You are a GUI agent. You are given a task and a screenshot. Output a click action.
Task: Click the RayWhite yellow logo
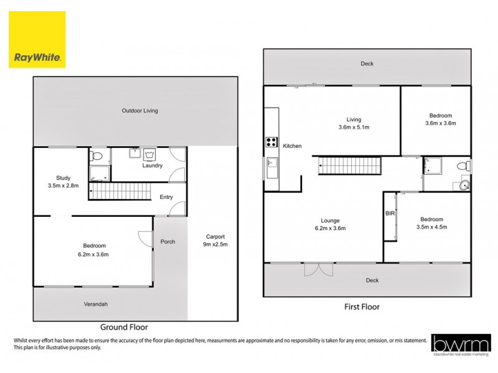point(37,38)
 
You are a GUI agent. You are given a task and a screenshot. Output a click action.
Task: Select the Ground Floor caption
point(124,326)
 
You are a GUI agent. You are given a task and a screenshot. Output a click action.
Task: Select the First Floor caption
point(362,306)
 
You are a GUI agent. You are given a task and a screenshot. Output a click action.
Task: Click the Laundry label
point(152,165)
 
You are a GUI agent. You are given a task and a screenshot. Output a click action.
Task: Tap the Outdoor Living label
point(139,111)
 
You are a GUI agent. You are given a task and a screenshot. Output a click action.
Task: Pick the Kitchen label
point(292,146)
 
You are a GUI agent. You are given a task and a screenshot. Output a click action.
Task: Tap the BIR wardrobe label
point(390,213)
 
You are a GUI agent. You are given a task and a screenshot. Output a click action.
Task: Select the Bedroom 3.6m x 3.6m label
point(440,119)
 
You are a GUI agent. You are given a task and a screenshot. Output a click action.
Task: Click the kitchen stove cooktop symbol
point(271,141)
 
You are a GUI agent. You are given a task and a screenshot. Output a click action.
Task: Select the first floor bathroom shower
point(433,166)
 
